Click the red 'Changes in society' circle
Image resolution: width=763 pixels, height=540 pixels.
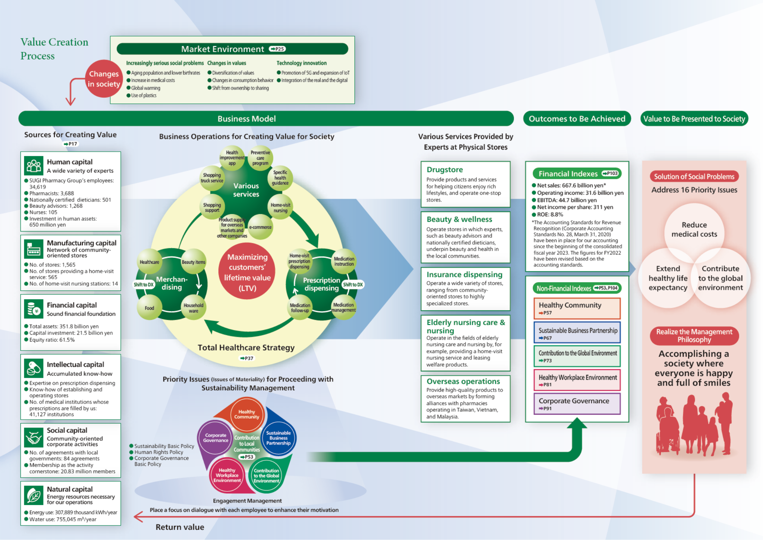coord(103,79)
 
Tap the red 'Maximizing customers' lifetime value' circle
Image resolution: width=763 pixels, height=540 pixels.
coord(247,272)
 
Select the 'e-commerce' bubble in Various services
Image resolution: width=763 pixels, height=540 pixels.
coord(260,227)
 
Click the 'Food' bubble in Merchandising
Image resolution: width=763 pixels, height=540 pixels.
coord(149,308)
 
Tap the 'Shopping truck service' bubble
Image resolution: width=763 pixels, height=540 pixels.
coord(212,178)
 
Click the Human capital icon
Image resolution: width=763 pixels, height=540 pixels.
coord(34,166)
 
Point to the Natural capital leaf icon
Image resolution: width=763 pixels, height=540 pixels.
coord(34,495)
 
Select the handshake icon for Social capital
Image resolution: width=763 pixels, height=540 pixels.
coord(34,437)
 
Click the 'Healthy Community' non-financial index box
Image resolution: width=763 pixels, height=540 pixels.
coord(577,308)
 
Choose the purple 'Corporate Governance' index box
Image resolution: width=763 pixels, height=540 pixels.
coord(577,404)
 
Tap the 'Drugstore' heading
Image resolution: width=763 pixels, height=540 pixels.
coord(445,170)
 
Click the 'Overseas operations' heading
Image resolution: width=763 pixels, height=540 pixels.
coord(463,381)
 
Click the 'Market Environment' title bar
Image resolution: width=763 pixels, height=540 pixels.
coord(232,49)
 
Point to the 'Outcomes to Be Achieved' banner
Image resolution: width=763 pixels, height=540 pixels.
coord(577,119)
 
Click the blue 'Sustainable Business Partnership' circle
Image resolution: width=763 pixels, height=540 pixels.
coord(278,438)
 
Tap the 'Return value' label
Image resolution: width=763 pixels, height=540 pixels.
coord(180,527)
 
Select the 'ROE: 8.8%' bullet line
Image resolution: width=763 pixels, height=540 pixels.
coord(550,214)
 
